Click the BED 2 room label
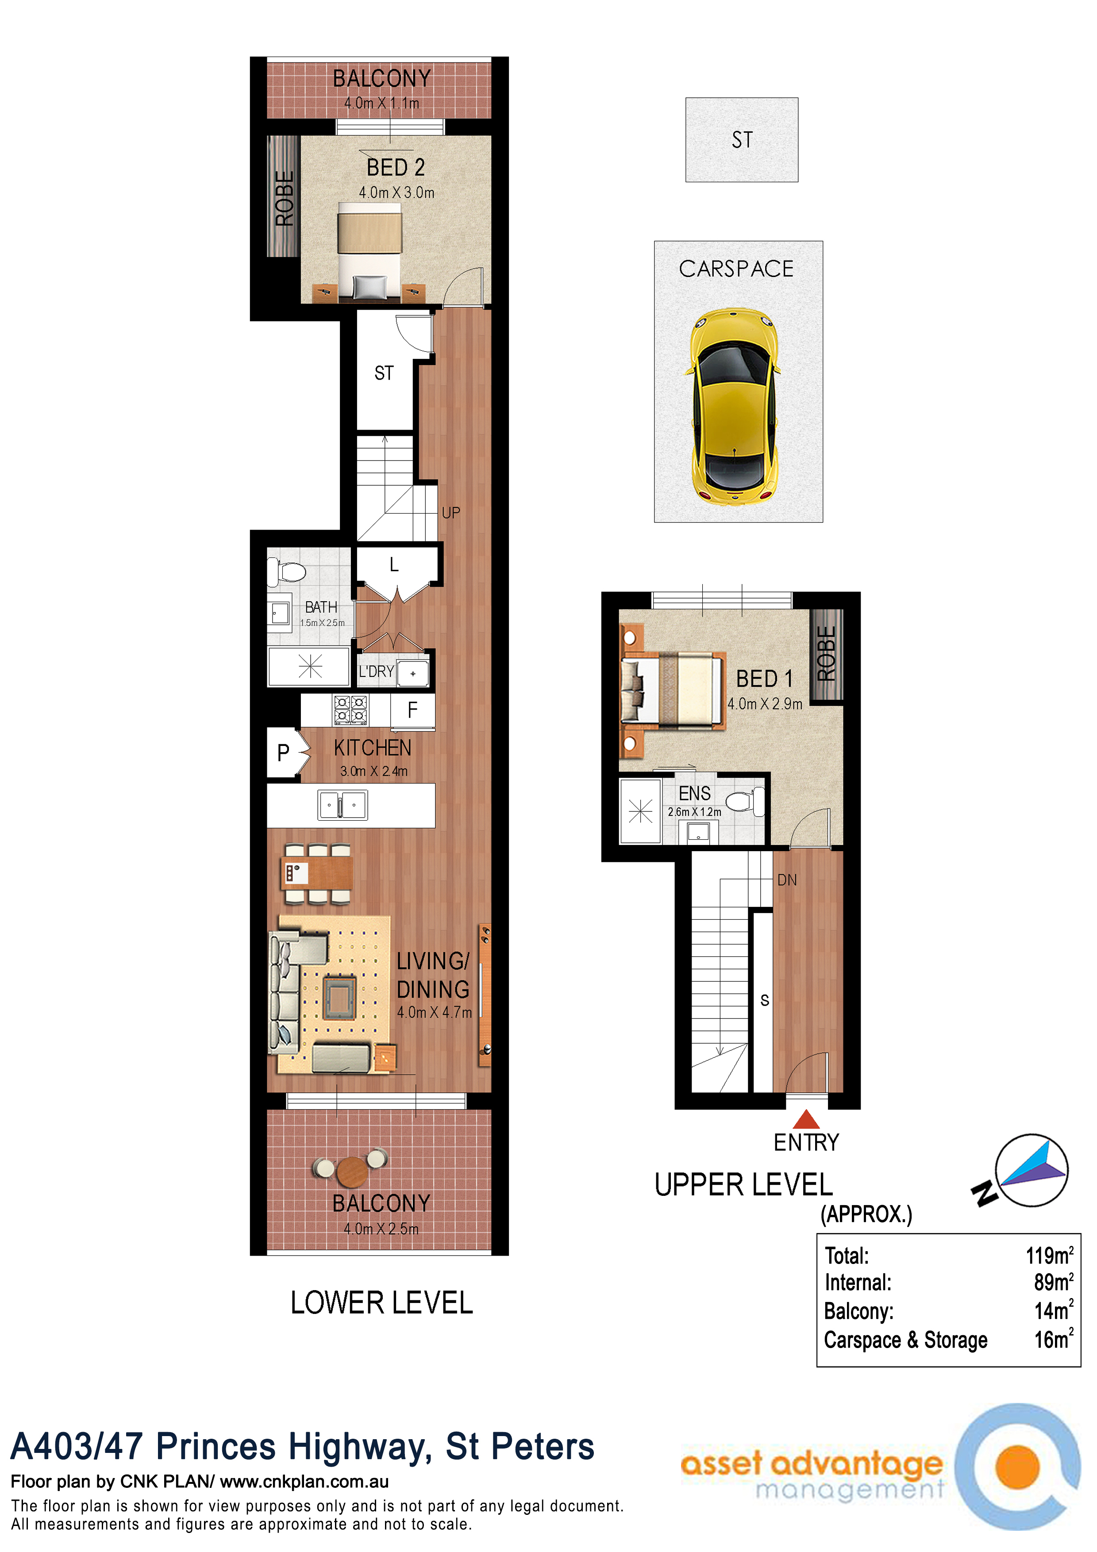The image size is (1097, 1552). click(x=396, y=167)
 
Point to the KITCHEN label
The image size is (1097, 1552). click(x=373, y=748)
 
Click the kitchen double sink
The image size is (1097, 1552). click(x=343, y=805)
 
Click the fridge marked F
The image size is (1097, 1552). click(x=412, y=711)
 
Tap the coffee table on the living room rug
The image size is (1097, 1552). click(x=339, y=998)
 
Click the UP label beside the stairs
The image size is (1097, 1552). click(x=451, y=513)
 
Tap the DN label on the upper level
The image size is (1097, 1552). click(x=787, y=880)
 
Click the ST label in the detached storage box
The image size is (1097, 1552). click(x=742, y=140)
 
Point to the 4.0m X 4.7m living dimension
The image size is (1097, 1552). click(x=434, y=1012)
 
